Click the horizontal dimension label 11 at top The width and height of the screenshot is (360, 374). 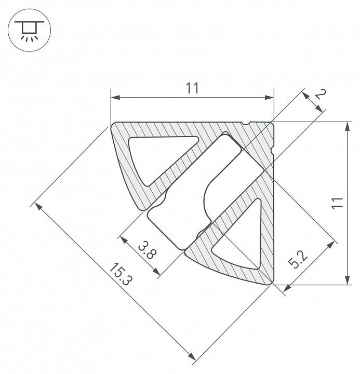[x=192, y=88]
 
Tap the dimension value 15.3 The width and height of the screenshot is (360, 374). [x=121, y=274]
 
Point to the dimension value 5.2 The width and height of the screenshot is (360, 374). [x=298, y=260]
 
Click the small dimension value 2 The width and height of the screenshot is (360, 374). [x=321, y=95]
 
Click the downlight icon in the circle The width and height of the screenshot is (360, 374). [x=29, y=30]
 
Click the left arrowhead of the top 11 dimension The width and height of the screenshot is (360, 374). [x=115, y=97]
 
